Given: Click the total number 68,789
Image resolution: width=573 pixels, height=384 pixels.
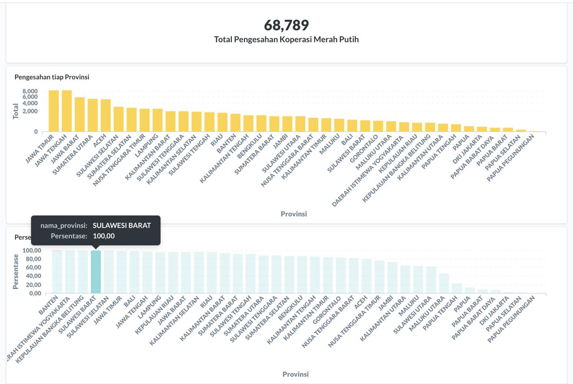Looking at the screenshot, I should [286, 25].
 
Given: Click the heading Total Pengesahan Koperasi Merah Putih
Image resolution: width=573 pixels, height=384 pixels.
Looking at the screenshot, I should [286, 39].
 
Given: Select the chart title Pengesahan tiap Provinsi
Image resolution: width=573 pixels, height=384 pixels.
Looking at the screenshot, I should [52, 77].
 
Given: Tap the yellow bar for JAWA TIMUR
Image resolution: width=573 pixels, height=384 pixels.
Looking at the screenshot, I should [54, 111].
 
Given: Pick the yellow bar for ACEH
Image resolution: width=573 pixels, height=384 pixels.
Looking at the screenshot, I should [106, 116].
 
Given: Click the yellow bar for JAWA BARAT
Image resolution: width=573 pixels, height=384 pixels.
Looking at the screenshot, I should [80, 115].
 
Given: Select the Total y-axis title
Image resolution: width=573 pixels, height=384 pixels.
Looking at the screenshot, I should [16, 111].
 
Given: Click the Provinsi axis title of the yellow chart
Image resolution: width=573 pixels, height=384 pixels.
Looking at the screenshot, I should [294, 214].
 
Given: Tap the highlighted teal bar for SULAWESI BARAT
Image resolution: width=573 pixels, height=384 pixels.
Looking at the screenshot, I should [96, 272].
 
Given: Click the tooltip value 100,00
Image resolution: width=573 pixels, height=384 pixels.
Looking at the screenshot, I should [104, 236].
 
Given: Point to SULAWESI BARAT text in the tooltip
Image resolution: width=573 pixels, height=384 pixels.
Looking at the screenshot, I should [122, 225].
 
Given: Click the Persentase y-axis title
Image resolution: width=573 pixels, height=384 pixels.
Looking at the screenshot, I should [16, 272].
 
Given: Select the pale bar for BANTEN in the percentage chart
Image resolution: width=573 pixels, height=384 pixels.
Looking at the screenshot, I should [57, 272].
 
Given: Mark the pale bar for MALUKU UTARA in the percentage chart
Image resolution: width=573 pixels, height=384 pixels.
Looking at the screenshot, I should [444, 283].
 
